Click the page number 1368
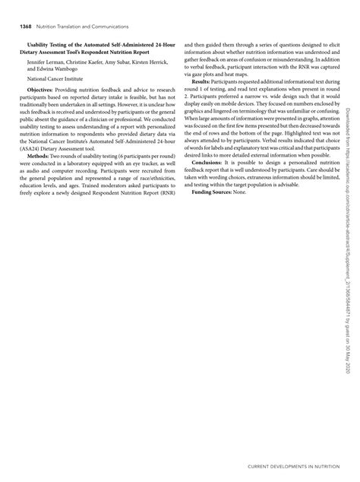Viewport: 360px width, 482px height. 17,27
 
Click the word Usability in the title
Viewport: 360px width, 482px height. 42,46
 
